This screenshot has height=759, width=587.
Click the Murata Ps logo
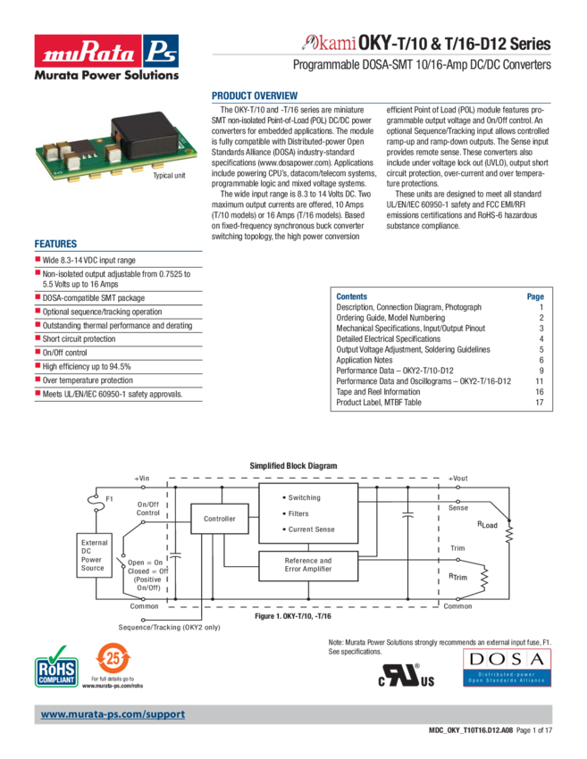[x=106, y=51]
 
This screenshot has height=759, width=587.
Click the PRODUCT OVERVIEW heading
[x=255, y=96]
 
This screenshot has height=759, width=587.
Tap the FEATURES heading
[x=55, y=245]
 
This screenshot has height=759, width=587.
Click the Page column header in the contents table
[x=534, y=296]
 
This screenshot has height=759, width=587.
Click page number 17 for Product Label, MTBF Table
[x=539, y=403]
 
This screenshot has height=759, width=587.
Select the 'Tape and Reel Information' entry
[x=378, y=392]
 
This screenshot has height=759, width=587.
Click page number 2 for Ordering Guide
[x=541, y=318]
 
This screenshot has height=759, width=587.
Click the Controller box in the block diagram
[x=219, y=519]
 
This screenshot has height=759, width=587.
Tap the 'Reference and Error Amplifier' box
[x=307, y=564]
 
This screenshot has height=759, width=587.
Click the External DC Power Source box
[x=93, y=555]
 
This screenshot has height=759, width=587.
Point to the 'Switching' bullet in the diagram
[x=303, y=497]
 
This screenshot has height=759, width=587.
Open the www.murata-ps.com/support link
[x=113, y=714]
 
